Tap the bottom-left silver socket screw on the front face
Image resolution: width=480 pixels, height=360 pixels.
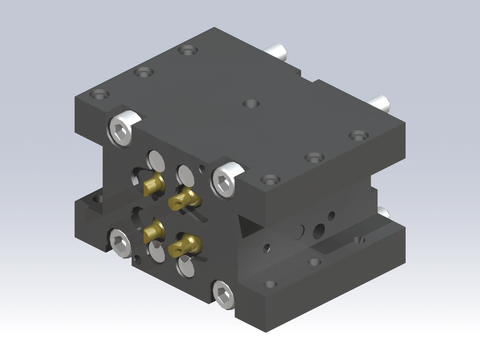[x=119, y=241]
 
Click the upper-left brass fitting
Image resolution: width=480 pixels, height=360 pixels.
[x=153, y=184]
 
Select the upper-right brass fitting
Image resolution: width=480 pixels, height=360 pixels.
[x=183, y=201]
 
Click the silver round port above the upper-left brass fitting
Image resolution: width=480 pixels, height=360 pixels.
[x=156, y=160]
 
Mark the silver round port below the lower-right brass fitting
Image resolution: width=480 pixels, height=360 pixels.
[x=186, y=267]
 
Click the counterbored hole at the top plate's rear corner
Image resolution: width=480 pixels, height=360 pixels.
[x=187, y=50]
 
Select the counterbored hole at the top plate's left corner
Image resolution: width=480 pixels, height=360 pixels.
[x=99, y=93]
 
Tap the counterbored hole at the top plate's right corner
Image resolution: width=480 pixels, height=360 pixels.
[x=356, y=136]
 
